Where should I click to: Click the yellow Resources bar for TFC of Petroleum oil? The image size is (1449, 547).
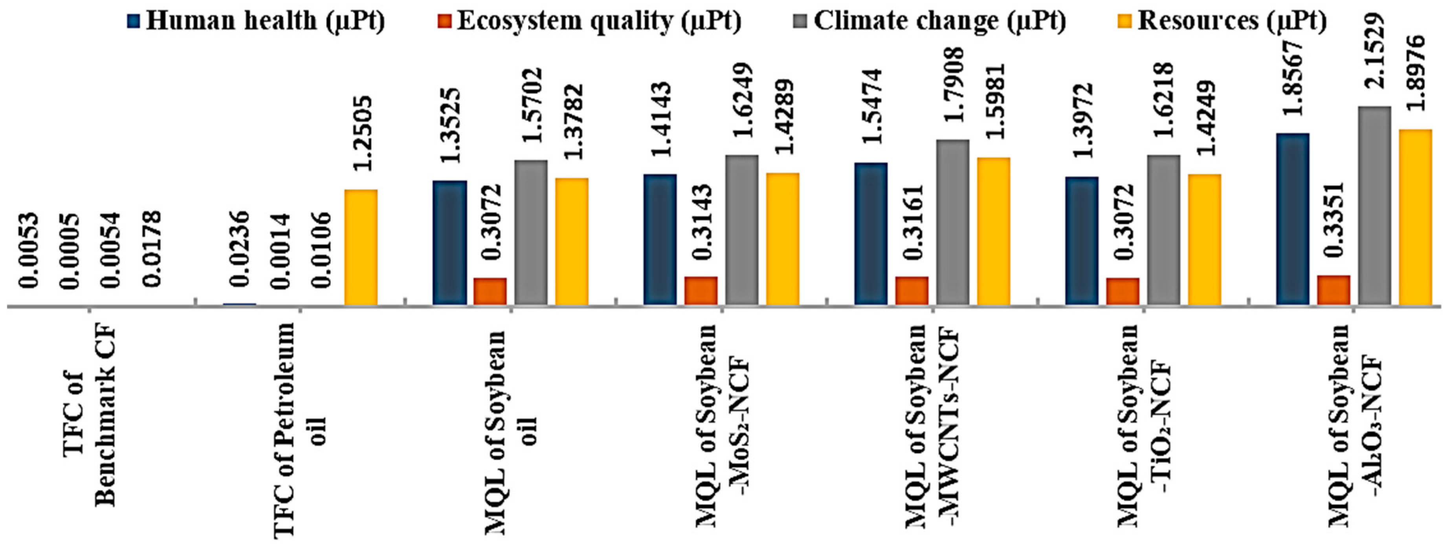[361, 248]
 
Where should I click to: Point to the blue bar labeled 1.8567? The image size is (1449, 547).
[1292, 219]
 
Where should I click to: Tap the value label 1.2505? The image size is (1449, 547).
[362, 133]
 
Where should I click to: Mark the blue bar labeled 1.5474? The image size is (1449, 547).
[871, 234]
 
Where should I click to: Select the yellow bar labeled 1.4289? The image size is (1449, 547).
[782, 239]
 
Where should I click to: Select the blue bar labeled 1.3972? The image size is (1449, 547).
[1081, 241]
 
